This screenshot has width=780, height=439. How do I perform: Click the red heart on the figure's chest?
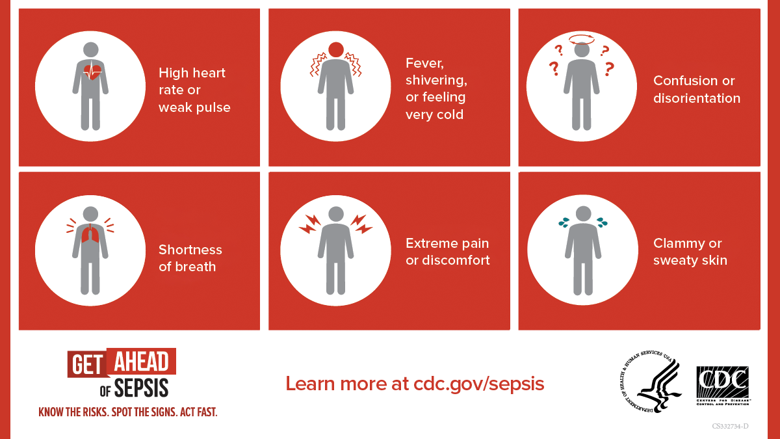[92, 72]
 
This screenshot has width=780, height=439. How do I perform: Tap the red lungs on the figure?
[90, 233]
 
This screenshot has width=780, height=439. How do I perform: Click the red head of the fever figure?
[336, 50]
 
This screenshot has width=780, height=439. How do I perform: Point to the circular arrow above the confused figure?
[582, 39]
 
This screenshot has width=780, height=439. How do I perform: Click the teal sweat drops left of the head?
[564, 222]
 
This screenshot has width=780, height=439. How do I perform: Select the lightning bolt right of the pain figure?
[361, 224]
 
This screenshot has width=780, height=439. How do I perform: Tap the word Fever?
[424, 64]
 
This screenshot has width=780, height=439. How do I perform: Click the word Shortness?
[190, 250]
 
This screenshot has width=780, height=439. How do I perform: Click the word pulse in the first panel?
[212, 108]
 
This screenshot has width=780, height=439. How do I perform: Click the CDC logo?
[723, 386]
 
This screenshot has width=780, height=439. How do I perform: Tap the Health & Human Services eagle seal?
[650, 381]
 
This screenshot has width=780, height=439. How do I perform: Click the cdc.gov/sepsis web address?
[479, 384]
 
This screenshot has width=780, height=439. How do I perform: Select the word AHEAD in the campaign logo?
[142, 362]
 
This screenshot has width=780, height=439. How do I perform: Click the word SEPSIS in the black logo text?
[142, 388]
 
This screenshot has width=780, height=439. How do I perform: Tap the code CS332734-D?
[730, 426]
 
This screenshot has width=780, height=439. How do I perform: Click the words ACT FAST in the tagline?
[198, 412]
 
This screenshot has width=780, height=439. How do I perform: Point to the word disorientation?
[697, 99]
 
